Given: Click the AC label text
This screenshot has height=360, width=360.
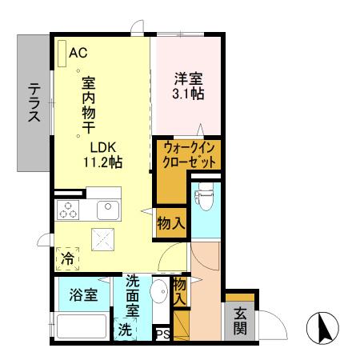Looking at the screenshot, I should point(78,53).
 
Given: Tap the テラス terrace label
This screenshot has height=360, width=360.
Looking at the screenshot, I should point(34,103).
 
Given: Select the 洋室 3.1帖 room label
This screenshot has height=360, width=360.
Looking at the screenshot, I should point(189,86).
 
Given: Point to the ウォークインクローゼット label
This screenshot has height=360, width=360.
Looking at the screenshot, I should point(190,155).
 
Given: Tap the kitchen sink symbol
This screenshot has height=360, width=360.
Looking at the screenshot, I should point(106,210).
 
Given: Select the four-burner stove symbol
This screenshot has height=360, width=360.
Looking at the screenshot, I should point(67,211).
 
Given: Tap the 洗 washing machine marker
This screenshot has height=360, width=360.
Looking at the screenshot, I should point(126,328).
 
